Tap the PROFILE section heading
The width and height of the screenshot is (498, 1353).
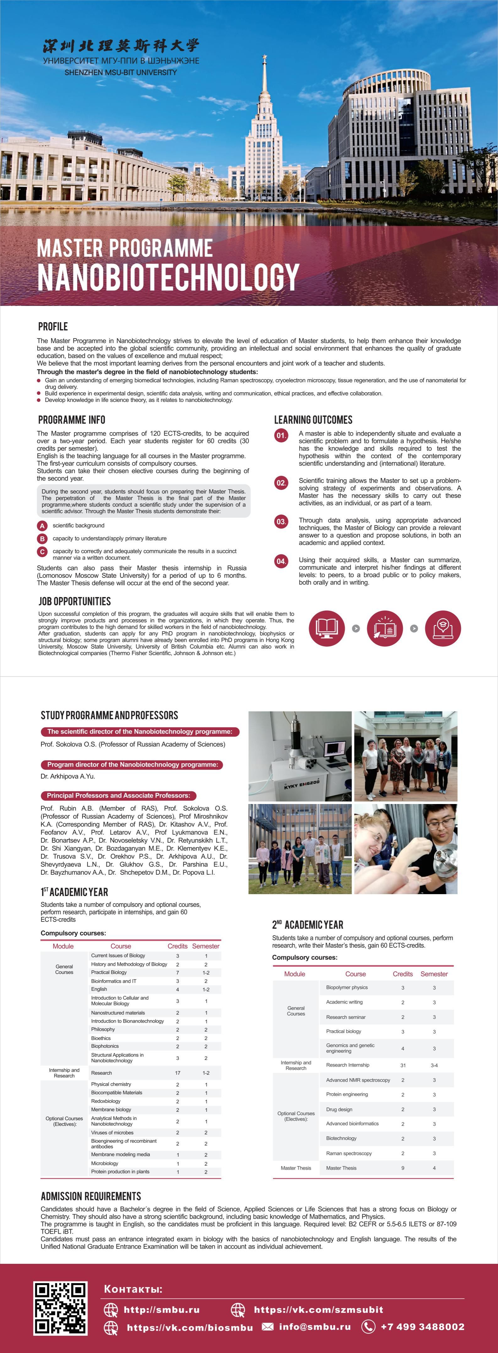click(53, 326)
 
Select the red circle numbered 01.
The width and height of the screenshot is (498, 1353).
click(281, 435)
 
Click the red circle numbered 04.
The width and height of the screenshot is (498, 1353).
click(281, 561)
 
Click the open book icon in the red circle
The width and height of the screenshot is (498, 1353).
click(327, 628)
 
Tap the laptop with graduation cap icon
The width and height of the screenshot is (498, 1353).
click(442, 628)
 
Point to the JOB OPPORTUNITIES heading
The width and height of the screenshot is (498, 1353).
click(75, 601)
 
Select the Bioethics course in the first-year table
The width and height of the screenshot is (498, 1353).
click(101, 1038)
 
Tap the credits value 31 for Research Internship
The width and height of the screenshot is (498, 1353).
click(403, 1065)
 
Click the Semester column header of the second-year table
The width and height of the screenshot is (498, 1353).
click(434, 974)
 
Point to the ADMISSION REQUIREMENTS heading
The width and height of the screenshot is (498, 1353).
click(91, 1196)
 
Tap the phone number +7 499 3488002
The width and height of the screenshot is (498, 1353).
click(422, 1327)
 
